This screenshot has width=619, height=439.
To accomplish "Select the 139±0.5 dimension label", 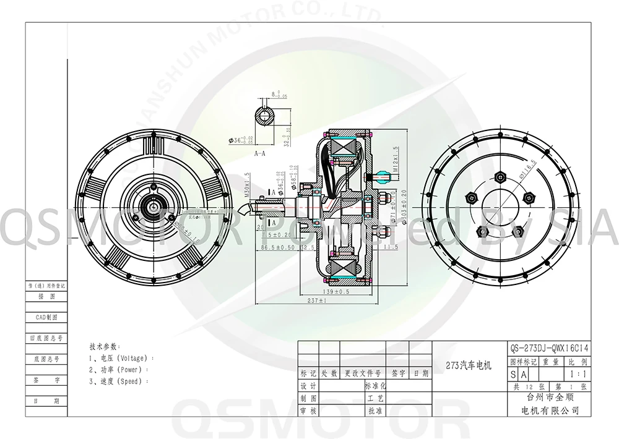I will pos(336,290).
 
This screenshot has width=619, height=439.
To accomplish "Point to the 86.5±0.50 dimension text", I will pos(278,247).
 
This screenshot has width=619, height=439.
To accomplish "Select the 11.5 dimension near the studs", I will pos(390,247).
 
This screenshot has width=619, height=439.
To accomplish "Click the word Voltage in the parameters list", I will pos(131,358).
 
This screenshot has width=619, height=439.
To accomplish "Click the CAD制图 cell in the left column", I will pos(46,317).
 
